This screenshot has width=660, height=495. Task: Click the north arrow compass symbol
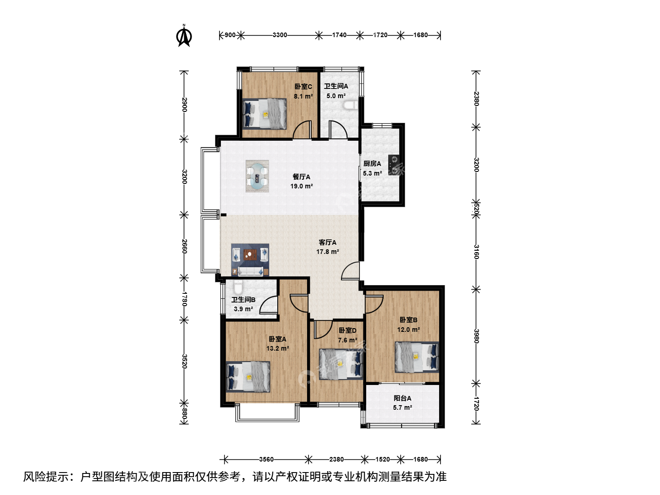coord(184,36)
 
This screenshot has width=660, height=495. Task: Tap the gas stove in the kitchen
coord(394,165)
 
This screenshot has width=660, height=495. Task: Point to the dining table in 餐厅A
coord(257,176)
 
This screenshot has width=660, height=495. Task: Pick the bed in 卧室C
coord(264,114)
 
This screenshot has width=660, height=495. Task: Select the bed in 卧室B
coord(417,357)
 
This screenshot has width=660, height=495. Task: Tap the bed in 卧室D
coord(341,364)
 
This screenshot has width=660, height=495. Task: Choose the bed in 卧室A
coord(248,377)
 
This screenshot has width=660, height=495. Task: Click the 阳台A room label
coord(402,398)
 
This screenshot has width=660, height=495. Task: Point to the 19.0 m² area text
coord(302,186)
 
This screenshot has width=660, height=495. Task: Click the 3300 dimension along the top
coord(280,35)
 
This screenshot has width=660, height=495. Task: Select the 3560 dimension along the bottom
coord(266,459)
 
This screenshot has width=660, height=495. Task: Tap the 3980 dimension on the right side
coord(476,336)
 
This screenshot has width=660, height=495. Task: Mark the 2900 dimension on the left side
coord(184,104)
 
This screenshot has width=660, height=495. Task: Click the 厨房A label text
coord(372,164)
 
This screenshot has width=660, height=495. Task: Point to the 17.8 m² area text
coord(328,252)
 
